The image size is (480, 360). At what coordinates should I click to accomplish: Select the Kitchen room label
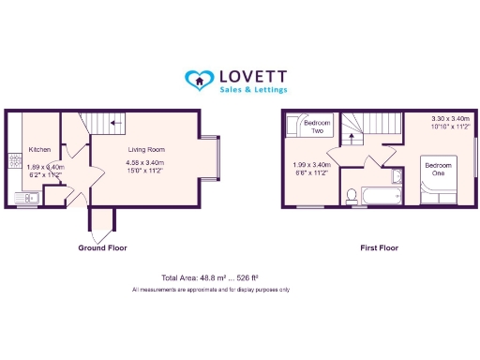(x=39, y=150)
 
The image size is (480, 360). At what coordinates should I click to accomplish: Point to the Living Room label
(x=145, y=149)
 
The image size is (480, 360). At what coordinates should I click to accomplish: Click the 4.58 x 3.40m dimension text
(x=145, y=163)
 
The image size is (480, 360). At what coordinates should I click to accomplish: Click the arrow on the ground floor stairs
(x=115, y=122)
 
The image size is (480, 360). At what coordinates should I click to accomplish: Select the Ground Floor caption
(x=102, y=248)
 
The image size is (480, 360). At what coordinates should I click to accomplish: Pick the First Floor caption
(x=380, y=248)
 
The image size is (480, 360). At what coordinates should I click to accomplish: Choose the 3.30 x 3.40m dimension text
(x=450, y=119)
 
